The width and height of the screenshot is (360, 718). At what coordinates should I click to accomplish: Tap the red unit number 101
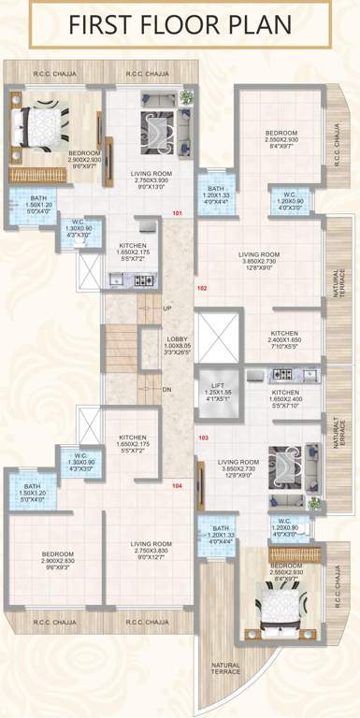coord(178,213)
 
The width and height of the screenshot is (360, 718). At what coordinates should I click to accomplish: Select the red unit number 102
coord(200,289)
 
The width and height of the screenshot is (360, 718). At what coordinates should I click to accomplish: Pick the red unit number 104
coord(178,486)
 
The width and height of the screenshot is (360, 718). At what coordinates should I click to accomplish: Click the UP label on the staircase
coord(167,308)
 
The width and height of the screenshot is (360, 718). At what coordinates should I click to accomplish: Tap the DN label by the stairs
coord(167,390)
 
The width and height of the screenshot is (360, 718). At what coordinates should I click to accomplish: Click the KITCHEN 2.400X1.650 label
coord(284,339)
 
